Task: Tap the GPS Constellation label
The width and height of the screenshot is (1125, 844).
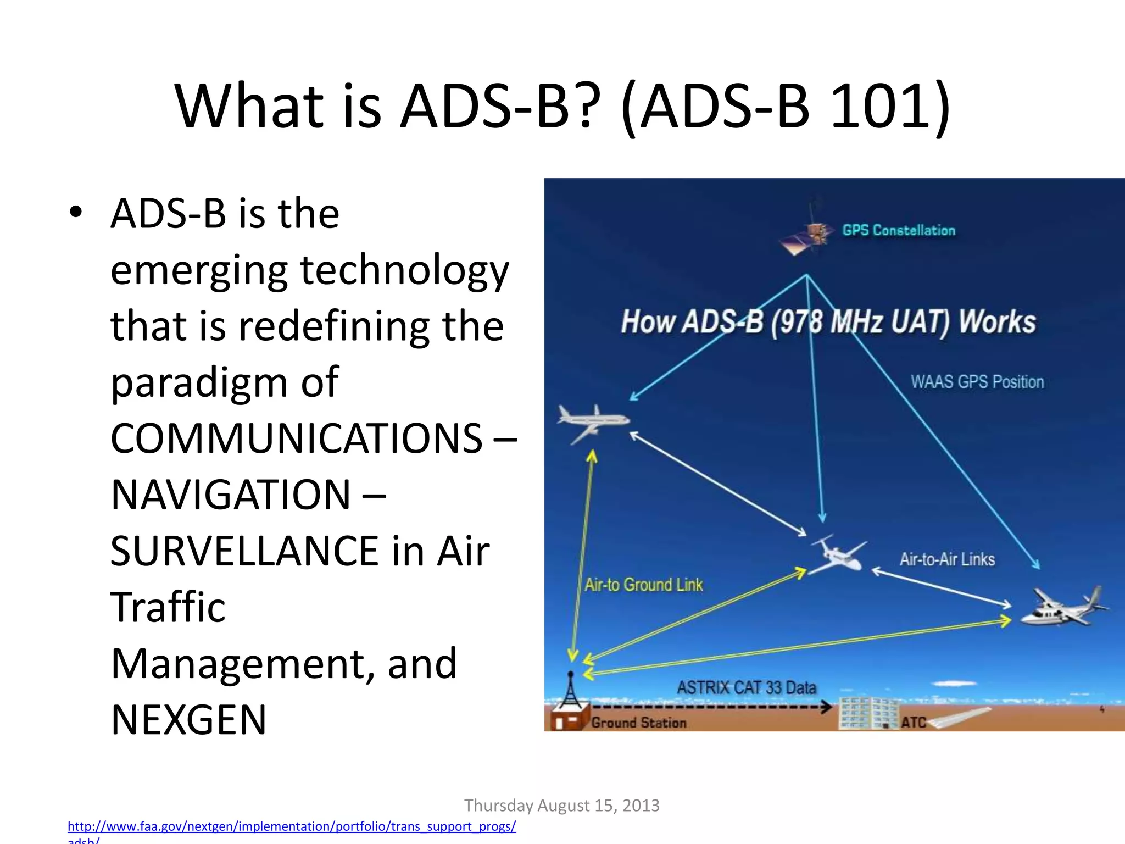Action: point(899,230)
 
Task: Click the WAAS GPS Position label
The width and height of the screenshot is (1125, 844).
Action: point(977,381)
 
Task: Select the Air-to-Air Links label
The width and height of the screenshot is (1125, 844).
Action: point(947,559)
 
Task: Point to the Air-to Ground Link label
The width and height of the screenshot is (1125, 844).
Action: point(643,585)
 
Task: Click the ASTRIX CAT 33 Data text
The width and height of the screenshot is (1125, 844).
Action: point(746,687)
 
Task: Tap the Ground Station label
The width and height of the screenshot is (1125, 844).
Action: point(638,723)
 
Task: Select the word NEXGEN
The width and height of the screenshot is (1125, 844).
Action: point(188,720)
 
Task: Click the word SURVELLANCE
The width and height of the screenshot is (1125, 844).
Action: point(244,551)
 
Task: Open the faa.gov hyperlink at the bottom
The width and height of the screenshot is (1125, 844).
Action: point(291,826)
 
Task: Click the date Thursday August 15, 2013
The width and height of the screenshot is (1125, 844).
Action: point(561,806)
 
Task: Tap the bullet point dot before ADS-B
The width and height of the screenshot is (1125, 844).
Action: point(76,212)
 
